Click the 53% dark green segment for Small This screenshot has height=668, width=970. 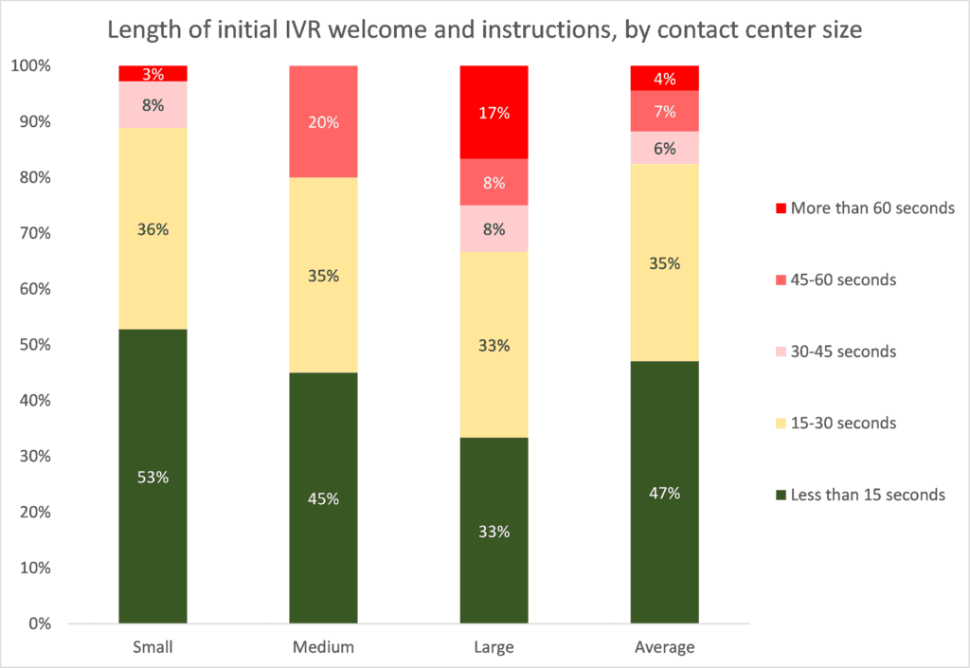(153, 477)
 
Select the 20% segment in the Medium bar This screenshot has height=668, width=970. (323, 121)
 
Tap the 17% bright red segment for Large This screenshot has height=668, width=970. (494, 113)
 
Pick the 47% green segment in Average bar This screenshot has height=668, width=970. (664, 493)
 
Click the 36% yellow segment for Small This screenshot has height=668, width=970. (153, 228)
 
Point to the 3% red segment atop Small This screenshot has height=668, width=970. (153, 73)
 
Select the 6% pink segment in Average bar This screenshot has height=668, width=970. (664, 148)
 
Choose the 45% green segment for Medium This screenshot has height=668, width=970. (323, 498)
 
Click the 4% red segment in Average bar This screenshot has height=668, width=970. (664, 78)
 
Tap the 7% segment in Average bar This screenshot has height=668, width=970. (664, 111)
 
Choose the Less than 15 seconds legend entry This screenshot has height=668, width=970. (859, 494)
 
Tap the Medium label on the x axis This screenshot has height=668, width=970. (323, 648)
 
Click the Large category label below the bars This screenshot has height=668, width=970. (494, 648)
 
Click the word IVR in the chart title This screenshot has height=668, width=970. (280, 28)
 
